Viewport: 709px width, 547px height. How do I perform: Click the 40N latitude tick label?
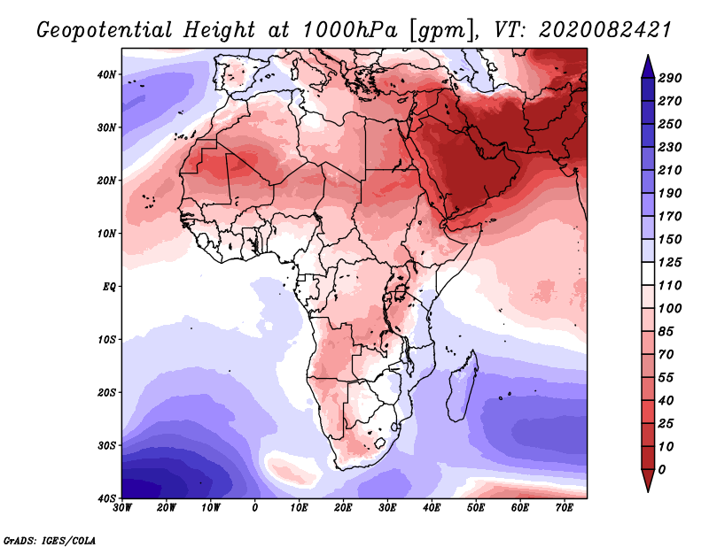click(x=106, y=74)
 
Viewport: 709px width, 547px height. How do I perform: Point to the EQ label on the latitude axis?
click(x=109, y=287)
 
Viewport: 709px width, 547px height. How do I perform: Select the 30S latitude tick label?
click(x=106, y=446)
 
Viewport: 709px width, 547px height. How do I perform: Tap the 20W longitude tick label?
click(x=167, y=508)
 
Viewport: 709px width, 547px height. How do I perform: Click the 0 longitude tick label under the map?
click(x=255, y=508)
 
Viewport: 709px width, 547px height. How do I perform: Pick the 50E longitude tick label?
click(x=476, y=508)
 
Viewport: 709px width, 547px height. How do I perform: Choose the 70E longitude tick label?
click(x=564, y=508)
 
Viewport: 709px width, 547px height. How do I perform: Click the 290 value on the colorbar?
click(x=670, y=78)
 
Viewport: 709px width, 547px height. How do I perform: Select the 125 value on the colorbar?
click(x=670, y=262)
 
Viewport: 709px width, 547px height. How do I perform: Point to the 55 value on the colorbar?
click(x=666, y=378)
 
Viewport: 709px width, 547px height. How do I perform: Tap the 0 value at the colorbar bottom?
click(x=662, y=470)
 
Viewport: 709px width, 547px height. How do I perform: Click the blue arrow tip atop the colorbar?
click(x=648, y=56)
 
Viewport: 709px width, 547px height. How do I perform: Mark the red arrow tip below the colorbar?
click(x=648, y=490)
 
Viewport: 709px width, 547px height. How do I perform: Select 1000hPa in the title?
click(x=350, y=30)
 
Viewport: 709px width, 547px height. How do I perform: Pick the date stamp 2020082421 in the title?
click(x=605, y=30)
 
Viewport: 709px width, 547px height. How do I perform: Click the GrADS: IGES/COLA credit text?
click(x=50, y=540)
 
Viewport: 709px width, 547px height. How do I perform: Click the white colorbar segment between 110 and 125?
click(x=648, y=273)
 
